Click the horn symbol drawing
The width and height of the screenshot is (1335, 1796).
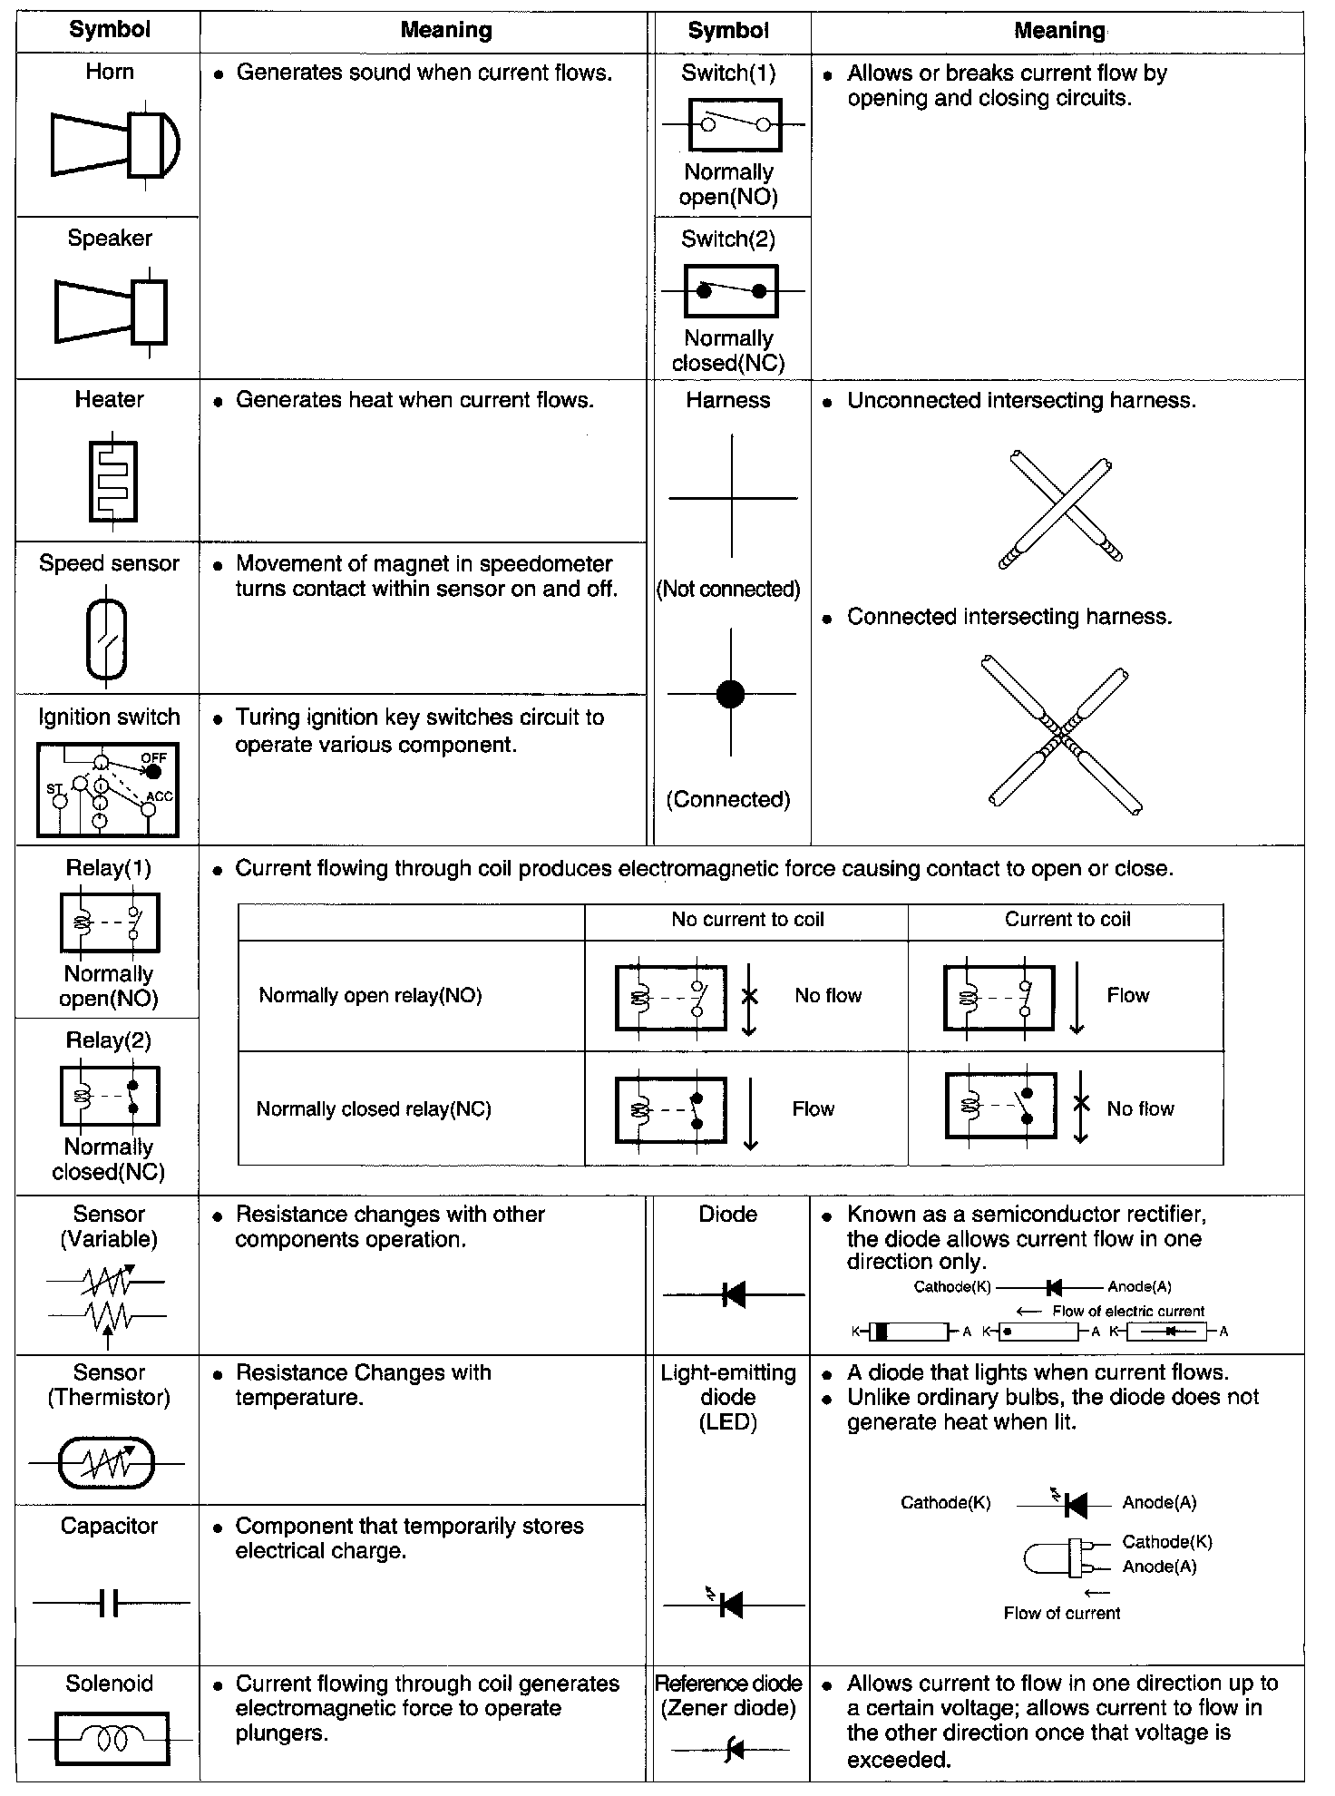(x=113, y=145)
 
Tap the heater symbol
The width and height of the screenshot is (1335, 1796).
(x=112, y=481)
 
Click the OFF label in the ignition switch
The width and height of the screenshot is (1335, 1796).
(x=153, y=757)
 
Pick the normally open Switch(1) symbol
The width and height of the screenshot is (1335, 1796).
(x=735, y=124)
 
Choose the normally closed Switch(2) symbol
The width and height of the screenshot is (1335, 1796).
(x=731, y=291)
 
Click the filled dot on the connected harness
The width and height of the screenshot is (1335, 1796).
(x=730, y=694)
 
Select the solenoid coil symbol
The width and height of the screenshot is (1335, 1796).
(x=112, y=1739)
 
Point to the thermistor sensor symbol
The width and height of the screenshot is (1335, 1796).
(x=107, y=1463)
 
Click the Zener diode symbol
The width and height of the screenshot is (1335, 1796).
(x=731, y=1749)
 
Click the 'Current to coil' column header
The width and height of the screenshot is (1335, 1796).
(x=1067, y=919)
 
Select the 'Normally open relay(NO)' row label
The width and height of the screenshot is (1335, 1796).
(x=370, y=995)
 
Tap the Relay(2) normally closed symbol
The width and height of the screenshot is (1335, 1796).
(x=109, y=1096)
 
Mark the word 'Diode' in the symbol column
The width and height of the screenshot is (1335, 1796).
(x=727, y=1214)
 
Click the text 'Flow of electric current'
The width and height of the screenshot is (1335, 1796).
(x=1127, y=1311)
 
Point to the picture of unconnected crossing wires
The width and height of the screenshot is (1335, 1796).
(x=1061, y=508)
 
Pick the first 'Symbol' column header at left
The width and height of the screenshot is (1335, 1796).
(x=110, y=30)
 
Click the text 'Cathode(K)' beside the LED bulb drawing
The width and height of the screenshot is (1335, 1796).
(x=1166, y=1541)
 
